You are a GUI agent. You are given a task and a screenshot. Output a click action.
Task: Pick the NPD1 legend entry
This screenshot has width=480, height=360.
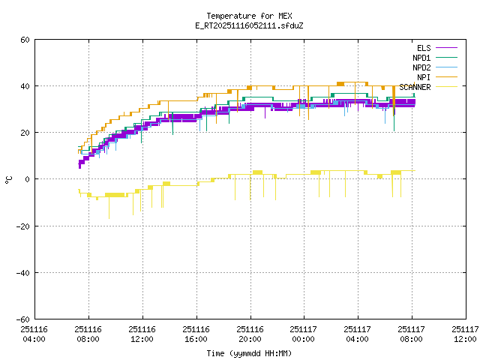coord(421,58)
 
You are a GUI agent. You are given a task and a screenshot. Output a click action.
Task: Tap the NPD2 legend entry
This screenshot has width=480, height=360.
coord(421,67)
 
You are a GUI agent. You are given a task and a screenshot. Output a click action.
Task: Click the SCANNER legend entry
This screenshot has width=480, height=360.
coord(415,87)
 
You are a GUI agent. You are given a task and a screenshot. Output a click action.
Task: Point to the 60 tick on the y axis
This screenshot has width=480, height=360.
coord(25,40)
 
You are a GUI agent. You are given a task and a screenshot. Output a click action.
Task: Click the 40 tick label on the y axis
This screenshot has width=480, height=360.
coord(25,86)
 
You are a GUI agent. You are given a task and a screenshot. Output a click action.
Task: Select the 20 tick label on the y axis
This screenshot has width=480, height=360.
coord(25,133)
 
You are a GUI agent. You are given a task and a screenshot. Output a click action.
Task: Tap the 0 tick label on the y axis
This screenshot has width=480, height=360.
coord(27,179)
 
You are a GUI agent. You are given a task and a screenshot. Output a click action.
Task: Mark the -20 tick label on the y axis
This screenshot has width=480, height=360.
coord(22,226)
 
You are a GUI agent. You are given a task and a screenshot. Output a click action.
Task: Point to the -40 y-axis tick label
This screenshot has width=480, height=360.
coord(22,272)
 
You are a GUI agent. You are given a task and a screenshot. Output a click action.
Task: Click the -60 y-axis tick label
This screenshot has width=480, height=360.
coord(22,319)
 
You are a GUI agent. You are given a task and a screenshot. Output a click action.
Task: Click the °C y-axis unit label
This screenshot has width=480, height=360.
coord(8,179)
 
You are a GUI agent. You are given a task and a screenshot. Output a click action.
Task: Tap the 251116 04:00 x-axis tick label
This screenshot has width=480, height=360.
coord(34,334)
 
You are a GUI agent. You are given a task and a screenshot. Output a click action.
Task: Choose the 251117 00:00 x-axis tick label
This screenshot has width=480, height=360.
coord(303,334)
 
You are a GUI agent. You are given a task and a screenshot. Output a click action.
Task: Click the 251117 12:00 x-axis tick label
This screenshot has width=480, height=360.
coord(464,334)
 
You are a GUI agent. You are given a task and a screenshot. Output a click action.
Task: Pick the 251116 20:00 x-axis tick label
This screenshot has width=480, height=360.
coord(249,334)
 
